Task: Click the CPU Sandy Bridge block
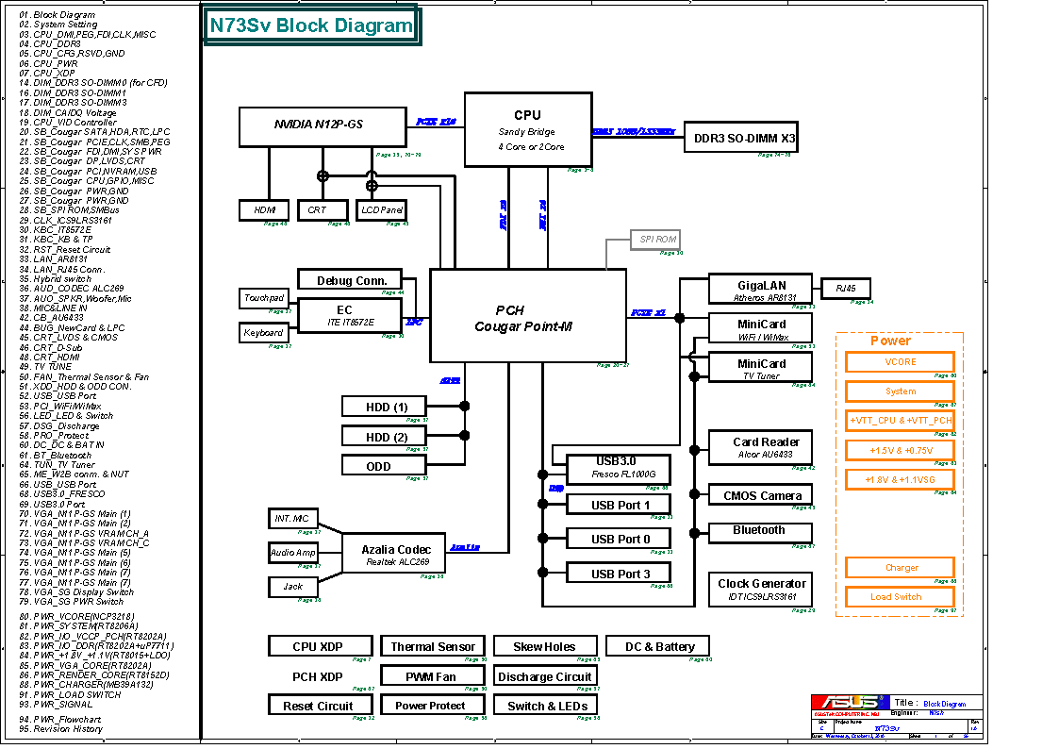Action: click(528, 129)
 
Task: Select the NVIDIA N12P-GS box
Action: click(319, 125)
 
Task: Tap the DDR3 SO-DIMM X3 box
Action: click(744, 139)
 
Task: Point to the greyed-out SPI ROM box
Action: click(654, 240)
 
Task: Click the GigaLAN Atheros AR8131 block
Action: click(760, 290)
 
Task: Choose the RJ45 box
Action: click(846, 289)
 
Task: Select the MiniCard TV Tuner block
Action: click(760, 368)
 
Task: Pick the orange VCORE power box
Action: click(900, 362)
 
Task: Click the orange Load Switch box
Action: click(900, 597)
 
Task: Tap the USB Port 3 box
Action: click(620, 574)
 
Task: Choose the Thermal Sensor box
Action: click(432, 647)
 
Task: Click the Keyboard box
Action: click(263, 333)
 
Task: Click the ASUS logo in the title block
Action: click(850, 702)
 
